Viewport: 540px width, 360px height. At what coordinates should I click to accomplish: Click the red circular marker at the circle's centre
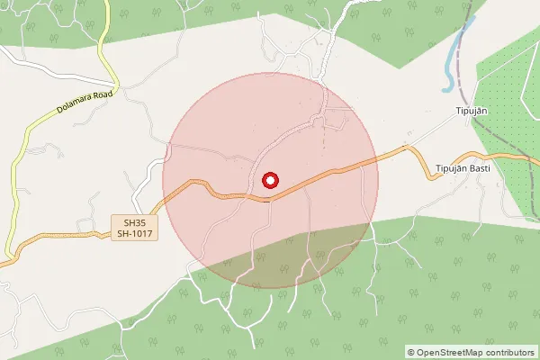(269, 180)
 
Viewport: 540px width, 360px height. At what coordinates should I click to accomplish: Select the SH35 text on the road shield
(134, 221)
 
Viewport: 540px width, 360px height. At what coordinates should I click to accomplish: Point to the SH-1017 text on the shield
(134, 234)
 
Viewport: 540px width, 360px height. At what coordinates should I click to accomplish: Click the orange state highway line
(342, 169)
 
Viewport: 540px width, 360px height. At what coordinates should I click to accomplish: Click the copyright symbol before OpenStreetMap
(411, 352)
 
